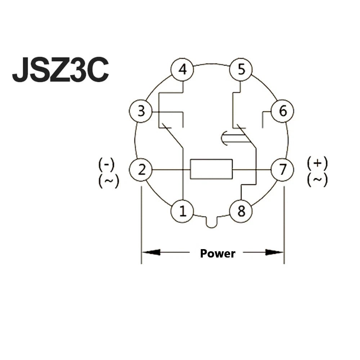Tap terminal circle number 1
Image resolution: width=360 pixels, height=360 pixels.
tap(182, 211)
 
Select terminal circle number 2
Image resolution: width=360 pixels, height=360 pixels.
tap(141, 170)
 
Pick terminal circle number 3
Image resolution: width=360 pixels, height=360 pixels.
tap(141, 111)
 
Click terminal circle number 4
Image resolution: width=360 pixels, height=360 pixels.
tap(182, 69)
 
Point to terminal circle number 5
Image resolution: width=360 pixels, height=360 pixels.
tap(241, 69)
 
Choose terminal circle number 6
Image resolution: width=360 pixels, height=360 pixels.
tap(282, 111)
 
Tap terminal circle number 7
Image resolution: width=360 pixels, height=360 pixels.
tap(282, 170)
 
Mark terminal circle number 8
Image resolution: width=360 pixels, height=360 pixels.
tap(241, 211)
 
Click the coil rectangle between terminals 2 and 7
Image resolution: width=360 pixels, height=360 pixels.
tap(211, 169)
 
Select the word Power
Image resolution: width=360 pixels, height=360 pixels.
tap(218, 253)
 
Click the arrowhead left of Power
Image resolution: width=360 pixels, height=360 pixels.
tap(151, 252)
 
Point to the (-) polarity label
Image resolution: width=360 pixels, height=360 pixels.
tap(106, 165)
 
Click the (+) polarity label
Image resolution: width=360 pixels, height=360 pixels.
tap(317, 163)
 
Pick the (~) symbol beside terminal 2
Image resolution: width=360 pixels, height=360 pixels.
tap(109, 181)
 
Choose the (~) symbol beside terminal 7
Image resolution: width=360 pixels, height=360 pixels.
tap(317, 180)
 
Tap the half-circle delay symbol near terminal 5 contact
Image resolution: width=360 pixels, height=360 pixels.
tap(224, 138)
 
